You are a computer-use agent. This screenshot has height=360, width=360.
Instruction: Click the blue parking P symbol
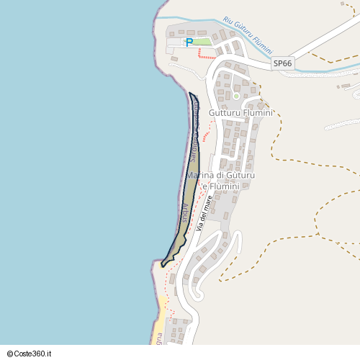pyautogui.click(x=189, y=42)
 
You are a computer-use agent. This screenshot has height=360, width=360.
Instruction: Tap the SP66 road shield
pyautogui.click(x=283, y=63)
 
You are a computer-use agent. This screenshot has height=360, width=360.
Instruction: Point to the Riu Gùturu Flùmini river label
pyautogui.click(x=248, y=35)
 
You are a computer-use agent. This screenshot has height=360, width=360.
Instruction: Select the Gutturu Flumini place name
pyautogui.click(x=240, y=113)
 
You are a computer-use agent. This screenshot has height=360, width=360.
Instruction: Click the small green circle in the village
pyautogui.click(x=236, y=96)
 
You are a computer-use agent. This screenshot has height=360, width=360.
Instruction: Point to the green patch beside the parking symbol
pyautogui.click(x=203, y=41)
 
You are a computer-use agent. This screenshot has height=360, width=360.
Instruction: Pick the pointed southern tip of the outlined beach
pyautogui.click(x=163, y=265)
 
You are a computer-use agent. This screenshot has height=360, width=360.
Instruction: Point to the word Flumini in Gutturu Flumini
pyautogui.click(x=258, y=113)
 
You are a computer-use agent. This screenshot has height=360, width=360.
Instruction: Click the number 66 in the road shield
pyautogui.click(x=287, y=63)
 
